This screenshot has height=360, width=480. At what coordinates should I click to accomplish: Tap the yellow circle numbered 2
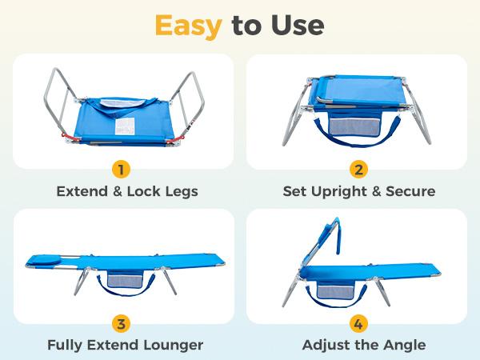(358, 169)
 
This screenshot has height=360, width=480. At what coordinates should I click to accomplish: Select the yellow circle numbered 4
(358, 324)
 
